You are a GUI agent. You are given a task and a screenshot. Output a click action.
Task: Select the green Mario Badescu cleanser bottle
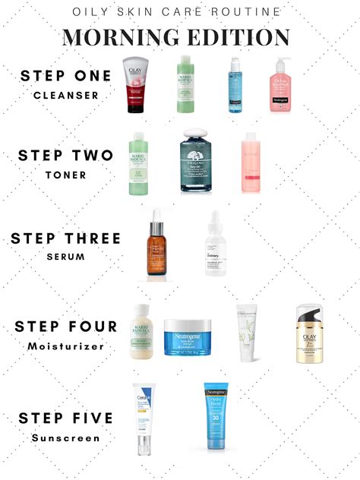(x=185, y=84)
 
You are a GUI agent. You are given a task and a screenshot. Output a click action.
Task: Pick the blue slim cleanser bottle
(x=233, y=86)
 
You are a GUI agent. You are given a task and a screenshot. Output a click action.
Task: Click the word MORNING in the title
(x=119, y=37)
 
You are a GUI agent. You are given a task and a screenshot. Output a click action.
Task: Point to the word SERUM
(x=65, y=257)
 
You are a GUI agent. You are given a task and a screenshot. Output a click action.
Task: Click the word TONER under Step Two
(x=65, y=174)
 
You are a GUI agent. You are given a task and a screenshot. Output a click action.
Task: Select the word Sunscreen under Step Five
(x=65, y=437)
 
